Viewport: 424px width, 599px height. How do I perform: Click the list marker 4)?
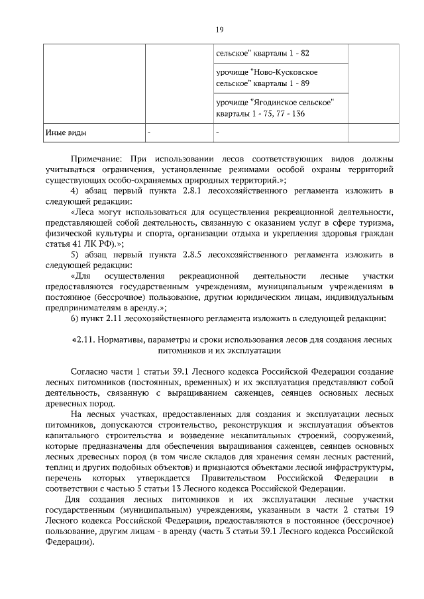(x=74, y=191)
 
